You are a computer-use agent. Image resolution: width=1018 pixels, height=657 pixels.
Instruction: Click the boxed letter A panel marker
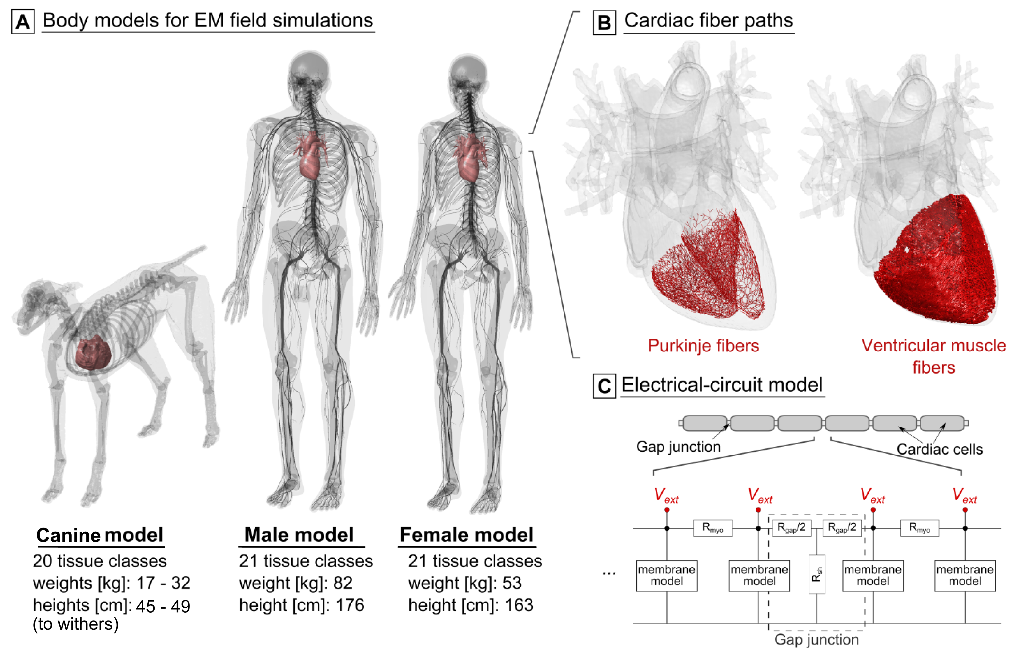click(23, 22)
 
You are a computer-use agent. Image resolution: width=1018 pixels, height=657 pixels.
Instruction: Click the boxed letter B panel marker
click(604, 23)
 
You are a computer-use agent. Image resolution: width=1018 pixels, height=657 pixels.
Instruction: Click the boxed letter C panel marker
click(604, 386)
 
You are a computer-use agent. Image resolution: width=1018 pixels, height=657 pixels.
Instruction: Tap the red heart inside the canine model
click(93, 353)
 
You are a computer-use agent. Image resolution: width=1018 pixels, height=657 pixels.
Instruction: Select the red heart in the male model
click(310, 156)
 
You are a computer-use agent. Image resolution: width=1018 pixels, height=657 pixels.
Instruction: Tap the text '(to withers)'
click(75, 624)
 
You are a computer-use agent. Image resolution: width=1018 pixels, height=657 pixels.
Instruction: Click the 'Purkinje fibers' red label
click(703, 346)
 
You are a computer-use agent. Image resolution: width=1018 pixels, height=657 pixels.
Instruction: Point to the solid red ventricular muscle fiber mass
click(938, 265)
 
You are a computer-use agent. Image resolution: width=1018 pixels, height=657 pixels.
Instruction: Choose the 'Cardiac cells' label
click(939, 449)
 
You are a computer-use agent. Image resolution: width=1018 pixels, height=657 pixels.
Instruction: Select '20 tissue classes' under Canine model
click(100, 561)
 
